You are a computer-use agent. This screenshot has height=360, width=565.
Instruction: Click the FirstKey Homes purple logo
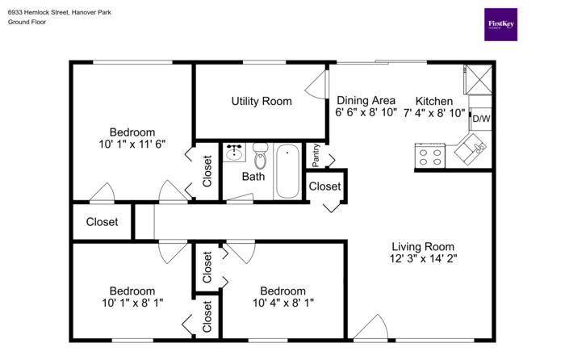[500, 24]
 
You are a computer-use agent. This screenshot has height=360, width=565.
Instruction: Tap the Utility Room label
[262, 101]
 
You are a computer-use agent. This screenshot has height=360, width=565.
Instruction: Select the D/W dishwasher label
[481, 119]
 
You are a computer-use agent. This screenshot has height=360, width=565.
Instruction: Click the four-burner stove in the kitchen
[430, 156]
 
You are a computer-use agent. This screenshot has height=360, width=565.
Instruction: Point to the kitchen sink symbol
[471, 149]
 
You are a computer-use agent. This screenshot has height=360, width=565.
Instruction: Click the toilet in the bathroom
[260, 156]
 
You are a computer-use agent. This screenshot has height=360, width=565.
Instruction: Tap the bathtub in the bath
[287, 171]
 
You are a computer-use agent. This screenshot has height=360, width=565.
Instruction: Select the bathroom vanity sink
[234, 153]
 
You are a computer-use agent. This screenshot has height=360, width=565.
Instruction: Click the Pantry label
[316, 155]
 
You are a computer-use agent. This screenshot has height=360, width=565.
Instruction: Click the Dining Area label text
[366, 100]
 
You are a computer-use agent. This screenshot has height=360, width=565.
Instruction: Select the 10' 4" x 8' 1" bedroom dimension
[283, 303]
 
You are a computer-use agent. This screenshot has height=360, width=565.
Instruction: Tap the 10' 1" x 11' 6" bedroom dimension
[132, 144]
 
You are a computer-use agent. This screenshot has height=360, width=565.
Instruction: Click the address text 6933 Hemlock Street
[38, 12]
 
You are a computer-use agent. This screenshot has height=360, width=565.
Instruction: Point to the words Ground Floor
[27, 22]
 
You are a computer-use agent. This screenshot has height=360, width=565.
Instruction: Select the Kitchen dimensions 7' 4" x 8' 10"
[434, 113]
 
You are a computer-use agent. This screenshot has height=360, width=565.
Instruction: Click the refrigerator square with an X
[478, 80]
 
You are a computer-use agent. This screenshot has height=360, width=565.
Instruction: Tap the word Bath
[253, 177]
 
